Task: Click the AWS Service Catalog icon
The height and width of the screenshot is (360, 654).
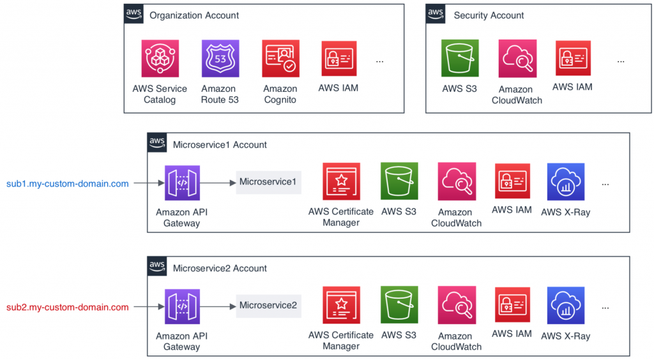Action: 160,59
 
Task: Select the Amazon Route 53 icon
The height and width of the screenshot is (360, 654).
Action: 220,59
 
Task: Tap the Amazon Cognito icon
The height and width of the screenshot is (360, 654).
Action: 280,59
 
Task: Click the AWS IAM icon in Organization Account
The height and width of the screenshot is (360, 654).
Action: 338,59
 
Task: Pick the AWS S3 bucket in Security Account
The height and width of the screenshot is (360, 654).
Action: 460,59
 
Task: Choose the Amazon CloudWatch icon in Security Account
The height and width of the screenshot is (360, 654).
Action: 517,59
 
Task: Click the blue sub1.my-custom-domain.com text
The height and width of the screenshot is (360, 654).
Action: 67,184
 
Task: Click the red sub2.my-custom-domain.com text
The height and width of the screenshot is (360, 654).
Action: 67,307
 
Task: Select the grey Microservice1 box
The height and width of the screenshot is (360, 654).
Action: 268,183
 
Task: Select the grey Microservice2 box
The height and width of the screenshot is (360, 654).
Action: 268,306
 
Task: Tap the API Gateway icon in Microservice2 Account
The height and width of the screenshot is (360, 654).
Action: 182,307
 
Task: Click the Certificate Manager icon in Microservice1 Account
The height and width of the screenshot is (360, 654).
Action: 341,182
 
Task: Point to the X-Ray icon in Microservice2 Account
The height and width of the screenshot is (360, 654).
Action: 565,305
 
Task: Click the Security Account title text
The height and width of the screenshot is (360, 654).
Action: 489,15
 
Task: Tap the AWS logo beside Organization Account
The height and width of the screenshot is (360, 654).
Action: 134,13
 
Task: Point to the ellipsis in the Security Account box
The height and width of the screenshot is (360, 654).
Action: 621,61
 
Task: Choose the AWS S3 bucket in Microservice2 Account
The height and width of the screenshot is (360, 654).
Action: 399,305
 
